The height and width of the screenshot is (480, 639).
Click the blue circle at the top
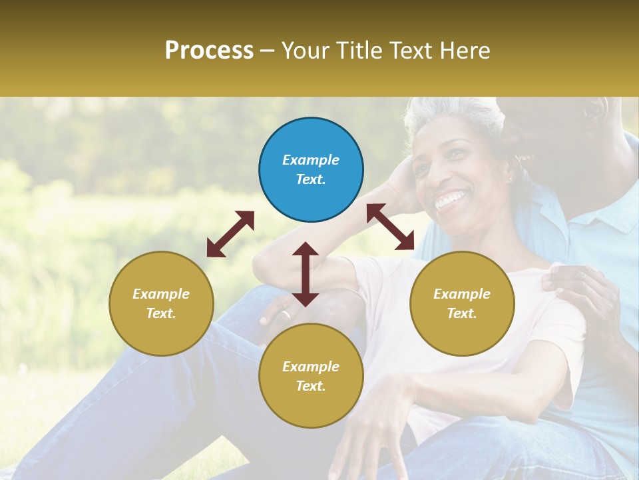pos(311,170)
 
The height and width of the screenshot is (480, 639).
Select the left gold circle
pos(161,303)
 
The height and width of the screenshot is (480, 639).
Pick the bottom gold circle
pos(311,376)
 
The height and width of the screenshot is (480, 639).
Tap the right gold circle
pos(462,303)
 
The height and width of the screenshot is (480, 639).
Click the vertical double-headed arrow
pos(306,274)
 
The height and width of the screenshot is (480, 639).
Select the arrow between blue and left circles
pos(230,234)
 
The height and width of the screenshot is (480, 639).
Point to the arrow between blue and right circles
pos(390,227)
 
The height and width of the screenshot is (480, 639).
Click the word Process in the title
pos(209,50)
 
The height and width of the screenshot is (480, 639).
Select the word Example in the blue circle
pos(311,160)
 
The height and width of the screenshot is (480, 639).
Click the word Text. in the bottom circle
pos(311,386)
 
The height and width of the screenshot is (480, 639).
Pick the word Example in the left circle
pos(161,294)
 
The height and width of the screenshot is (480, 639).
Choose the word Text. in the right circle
pos(462,313)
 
